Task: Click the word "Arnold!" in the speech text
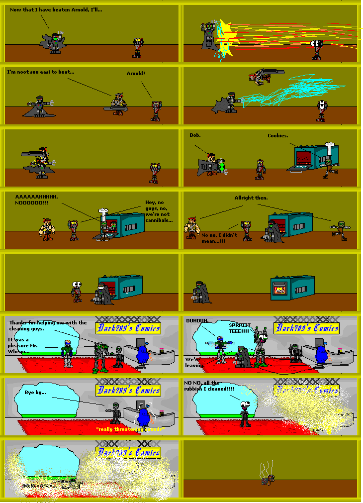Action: [136, 74]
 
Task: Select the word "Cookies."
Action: [277, 136]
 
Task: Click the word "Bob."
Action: [194, 135]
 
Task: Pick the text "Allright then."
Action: [251, 198]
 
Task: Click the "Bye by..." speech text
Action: [35, 393]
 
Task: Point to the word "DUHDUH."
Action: [198, 321]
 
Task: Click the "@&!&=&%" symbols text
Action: [37, 485]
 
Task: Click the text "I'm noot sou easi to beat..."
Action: [41, 72]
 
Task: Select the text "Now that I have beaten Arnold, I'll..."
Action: [56, 10]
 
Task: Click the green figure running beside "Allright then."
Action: [341, 229]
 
